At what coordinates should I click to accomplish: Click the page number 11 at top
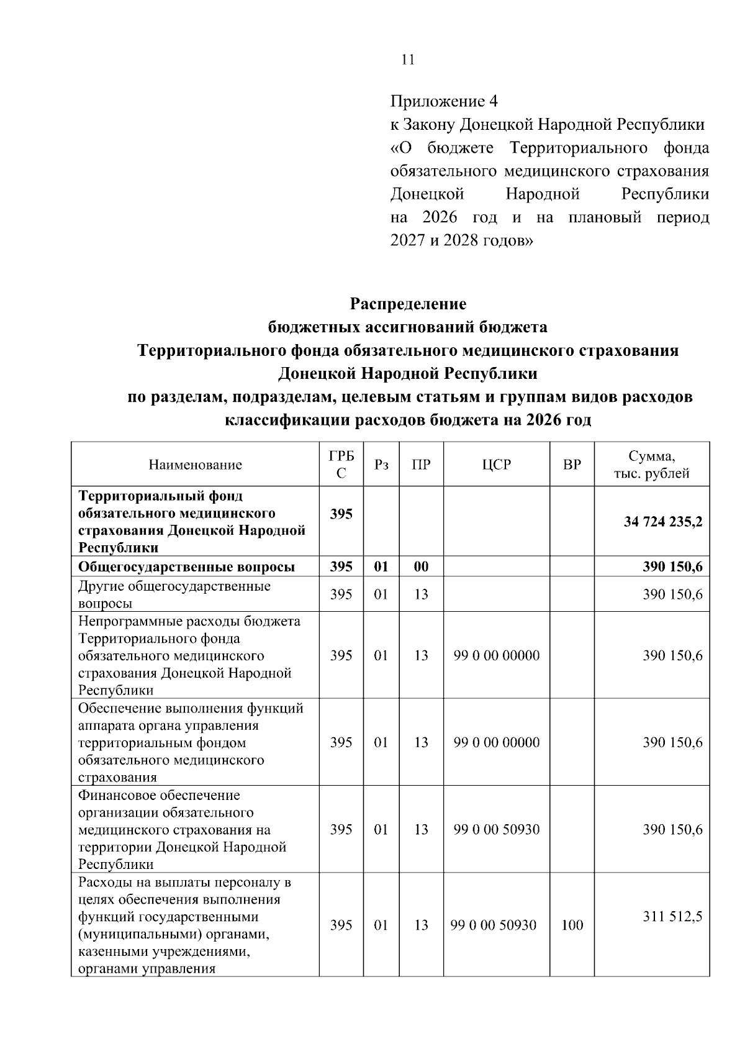(407, 60)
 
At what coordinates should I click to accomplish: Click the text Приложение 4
(444, 101)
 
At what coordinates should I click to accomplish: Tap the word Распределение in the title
(407, 304)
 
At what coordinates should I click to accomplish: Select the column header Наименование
(195, 465)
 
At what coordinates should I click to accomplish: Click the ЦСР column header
(496, 465)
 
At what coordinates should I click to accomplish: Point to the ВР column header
(572, 465)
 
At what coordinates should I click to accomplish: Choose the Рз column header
(381, 465)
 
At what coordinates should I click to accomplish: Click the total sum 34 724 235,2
(662, 522)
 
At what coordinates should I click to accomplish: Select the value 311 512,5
(672, 916)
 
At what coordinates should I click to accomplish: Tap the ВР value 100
(572, 925)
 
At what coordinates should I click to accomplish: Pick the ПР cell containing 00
(421, 566)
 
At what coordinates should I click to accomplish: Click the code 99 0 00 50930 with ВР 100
(496, 925)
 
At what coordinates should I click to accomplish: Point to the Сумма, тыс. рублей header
(652, 465)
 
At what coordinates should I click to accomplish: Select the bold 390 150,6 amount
(672, 566)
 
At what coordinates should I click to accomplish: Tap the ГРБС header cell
(341, 465)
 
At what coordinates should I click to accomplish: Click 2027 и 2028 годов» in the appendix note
(461, 240)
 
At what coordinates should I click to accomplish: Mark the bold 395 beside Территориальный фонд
(341, 514)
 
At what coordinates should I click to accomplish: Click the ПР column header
(421, 465)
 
